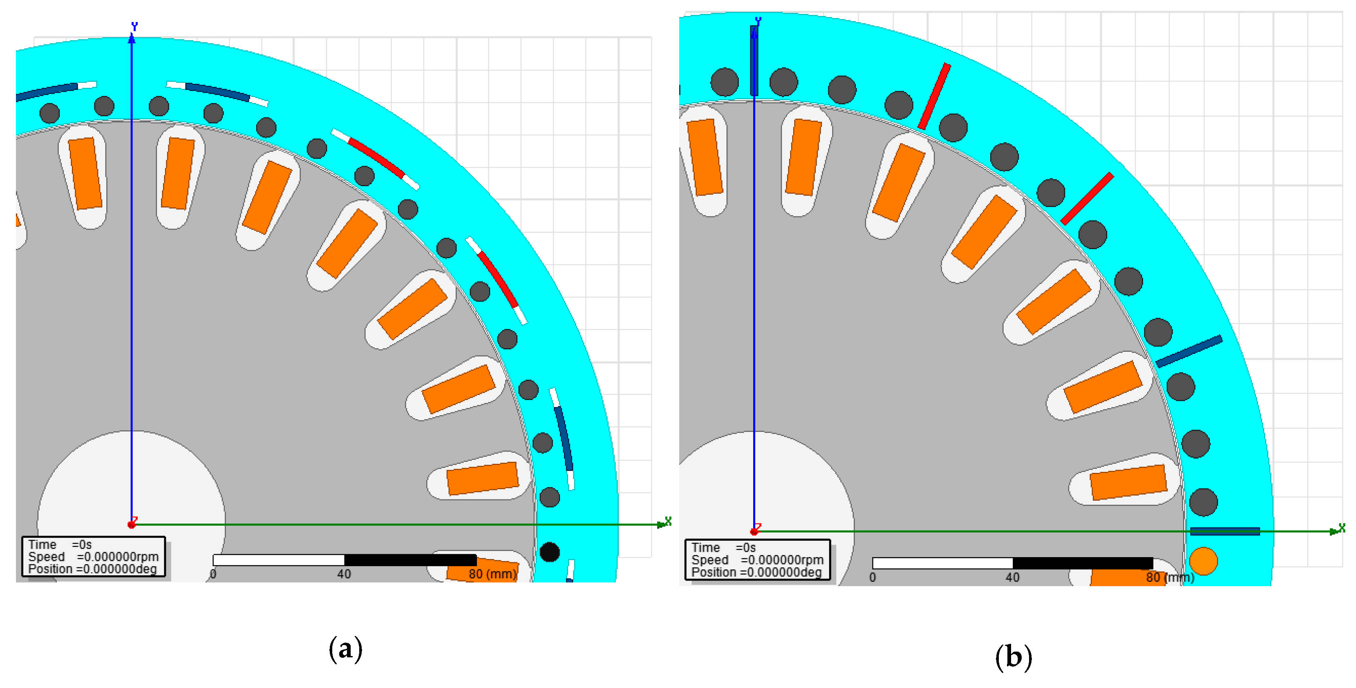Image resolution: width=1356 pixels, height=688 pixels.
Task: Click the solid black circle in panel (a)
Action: (550, 552)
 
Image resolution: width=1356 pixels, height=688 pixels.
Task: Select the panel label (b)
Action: (1013, 657)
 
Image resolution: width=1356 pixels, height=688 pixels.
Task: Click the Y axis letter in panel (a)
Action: (135, 26)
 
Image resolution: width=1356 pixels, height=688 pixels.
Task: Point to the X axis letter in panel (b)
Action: (1342, 527)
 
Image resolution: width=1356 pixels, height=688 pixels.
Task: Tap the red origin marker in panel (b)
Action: (754, 531)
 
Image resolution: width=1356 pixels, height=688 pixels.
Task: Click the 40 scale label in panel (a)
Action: (344, 574)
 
